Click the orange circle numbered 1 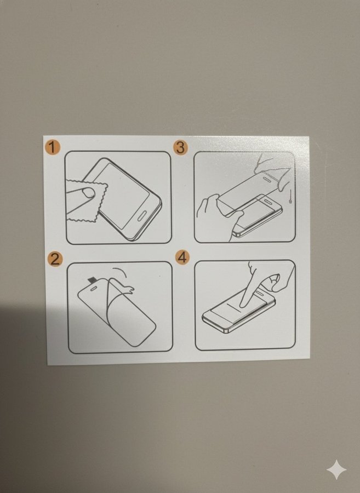(x=52, y=147)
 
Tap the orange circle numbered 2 (x=55, y=260)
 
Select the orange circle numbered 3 (x=180, y=147)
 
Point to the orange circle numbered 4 (x=182, y=257)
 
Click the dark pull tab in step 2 (x=92, y=280)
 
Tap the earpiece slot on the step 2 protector (x=93, y=288)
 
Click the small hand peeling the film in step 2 (x=127, y=288)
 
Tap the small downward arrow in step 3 (x=290, y=197)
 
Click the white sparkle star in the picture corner (x=336, y=470)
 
